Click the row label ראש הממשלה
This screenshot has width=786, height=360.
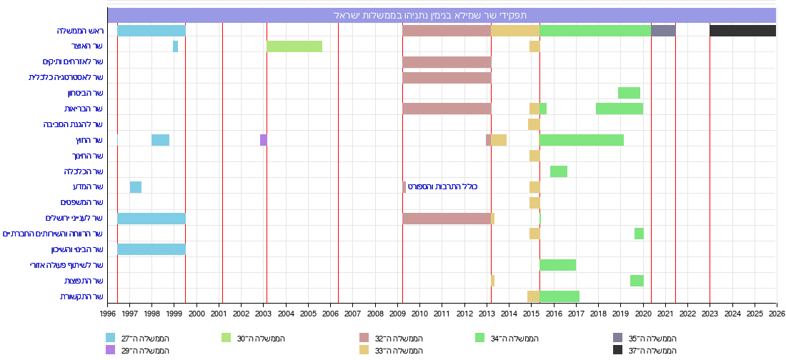[x=81, y=31]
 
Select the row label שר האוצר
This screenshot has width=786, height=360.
[x=88, y=46]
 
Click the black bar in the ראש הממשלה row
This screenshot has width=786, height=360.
[x=742, y=31]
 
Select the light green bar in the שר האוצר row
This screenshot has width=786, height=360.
[x=294, y=46]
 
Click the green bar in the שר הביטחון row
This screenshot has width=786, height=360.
[x=629, y=93]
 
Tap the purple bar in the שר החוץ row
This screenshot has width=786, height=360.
[x=263, y=140]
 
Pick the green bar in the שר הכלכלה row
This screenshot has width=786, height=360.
[x=559, y=171]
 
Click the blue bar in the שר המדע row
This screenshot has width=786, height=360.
[x=136, y=187]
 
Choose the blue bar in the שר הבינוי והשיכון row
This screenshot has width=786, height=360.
[x=151, y=249]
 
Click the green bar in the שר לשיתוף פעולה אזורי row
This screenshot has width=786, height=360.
[x=557, y=265]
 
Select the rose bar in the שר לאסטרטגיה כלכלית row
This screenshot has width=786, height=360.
[x=447, y=77]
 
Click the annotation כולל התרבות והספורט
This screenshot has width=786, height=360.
[x=442, y=187]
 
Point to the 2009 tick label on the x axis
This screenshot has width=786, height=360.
[x=398, y=314]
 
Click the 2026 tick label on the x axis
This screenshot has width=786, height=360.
[x=776, y=314]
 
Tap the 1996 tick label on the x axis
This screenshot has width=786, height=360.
[x=108, y=314]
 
